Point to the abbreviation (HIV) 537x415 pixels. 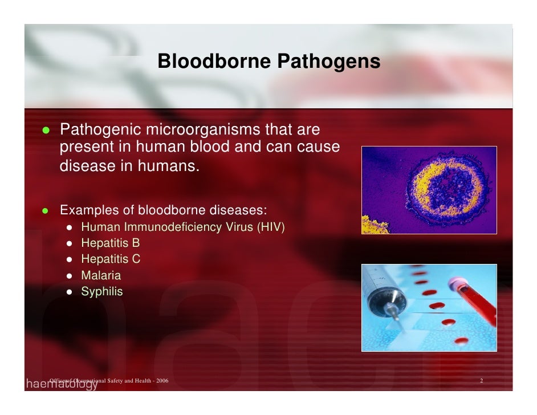271,227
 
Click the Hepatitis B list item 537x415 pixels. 110,243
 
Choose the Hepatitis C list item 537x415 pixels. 111,259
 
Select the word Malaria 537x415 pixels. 101,275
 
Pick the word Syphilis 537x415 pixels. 101,291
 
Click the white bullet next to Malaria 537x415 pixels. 69,276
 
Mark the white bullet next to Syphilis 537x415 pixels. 69,292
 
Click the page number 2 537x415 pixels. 482,380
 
